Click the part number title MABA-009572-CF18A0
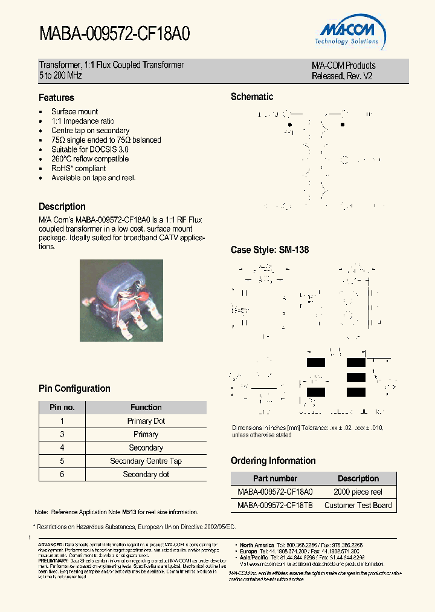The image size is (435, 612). (x=115, y=34)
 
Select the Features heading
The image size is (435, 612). (x=56, y=97)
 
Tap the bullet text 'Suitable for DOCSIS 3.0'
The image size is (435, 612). (x=90, y=149)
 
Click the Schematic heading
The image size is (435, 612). (x=252, y=97)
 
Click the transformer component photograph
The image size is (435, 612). (x=121, y=300)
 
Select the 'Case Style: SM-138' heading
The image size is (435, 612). (x=269, y=250)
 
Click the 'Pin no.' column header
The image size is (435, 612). (x=62, y=408)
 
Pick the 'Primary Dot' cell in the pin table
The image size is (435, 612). (x=146, y=421)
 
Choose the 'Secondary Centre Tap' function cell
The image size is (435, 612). (x=146, y=461)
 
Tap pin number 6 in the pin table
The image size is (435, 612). (x=62, y=475)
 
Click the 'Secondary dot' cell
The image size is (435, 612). (x=146, y=475)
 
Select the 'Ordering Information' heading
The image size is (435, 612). (x=273, y=461)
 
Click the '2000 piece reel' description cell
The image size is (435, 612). (x=358, y=492)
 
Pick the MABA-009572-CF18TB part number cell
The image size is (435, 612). (x=275, y=506)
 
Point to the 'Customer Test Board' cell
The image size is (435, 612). (x=358, y=506)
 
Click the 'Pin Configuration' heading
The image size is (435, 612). (x=74, y=388)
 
